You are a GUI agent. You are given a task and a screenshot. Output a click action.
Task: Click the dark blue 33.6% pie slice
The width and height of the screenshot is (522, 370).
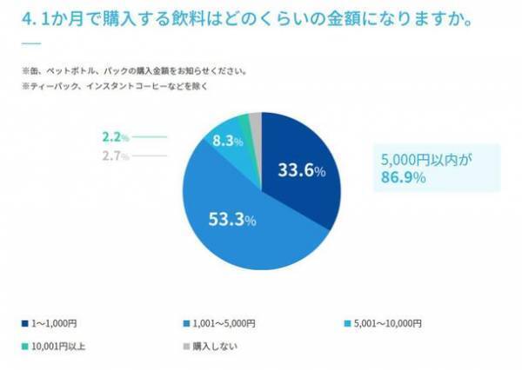pos(300,169)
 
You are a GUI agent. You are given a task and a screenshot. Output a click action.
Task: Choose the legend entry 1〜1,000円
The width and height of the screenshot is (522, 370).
pos(55,323)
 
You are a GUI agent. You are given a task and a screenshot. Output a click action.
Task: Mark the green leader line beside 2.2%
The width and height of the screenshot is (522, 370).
pos(149,137)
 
